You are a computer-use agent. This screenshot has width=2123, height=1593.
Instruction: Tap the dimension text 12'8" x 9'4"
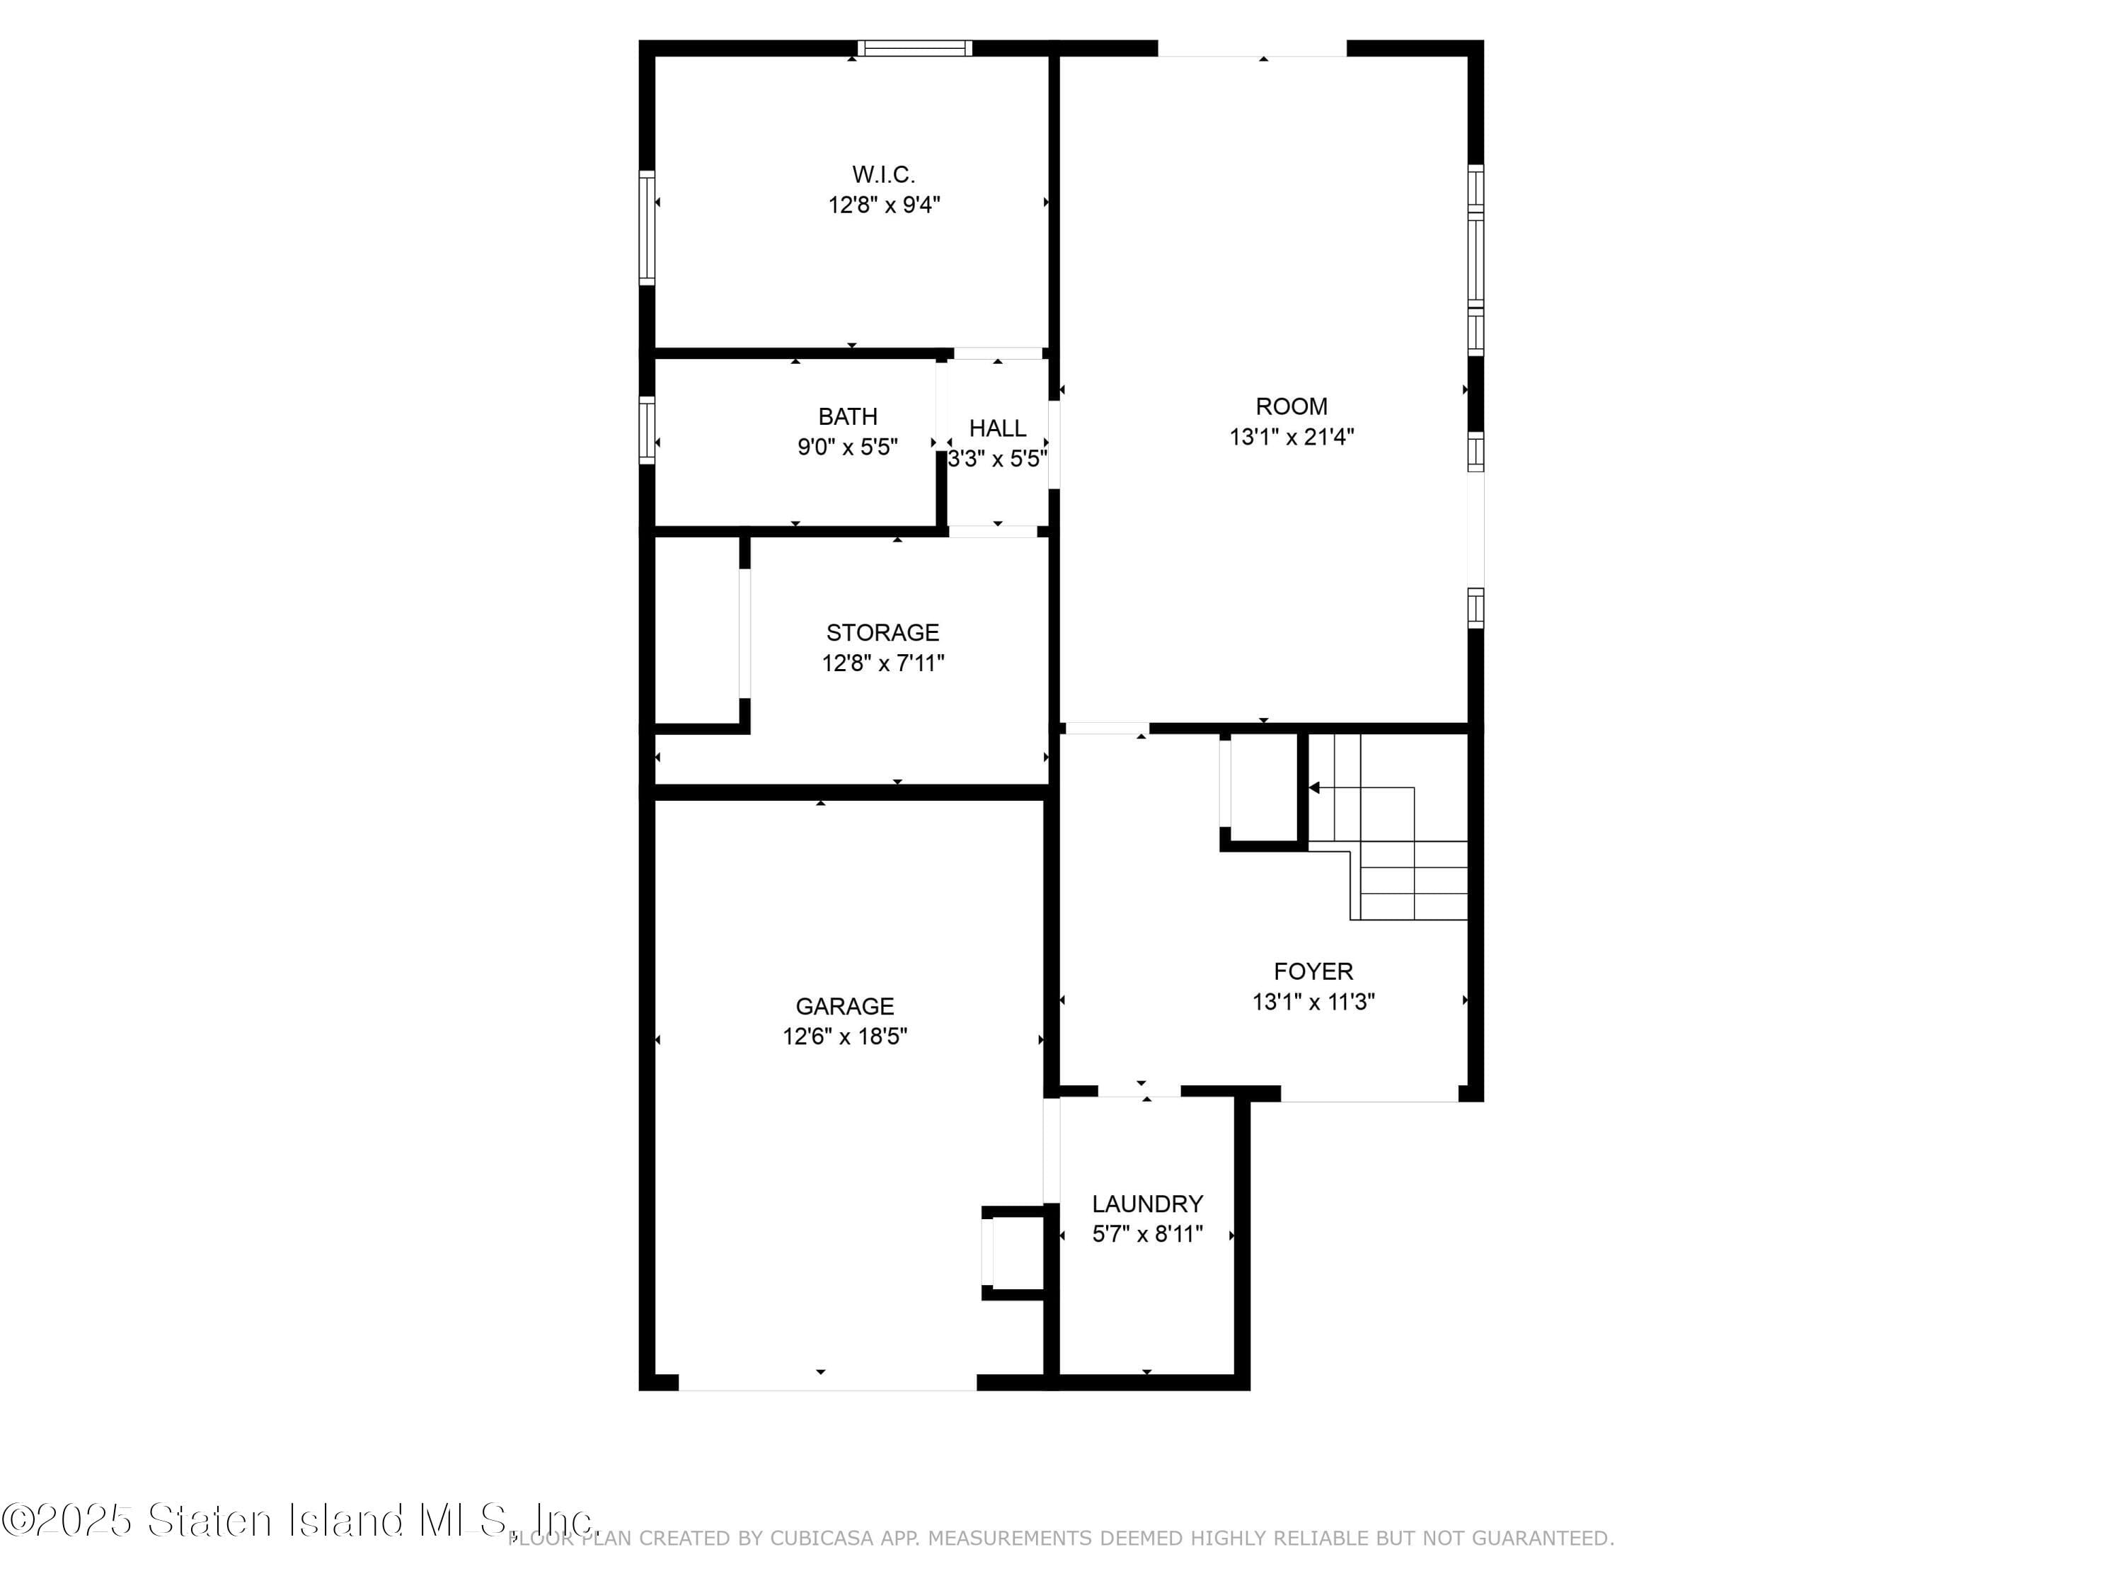(883, 205)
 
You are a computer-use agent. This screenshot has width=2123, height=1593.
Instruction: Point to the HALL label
(996, 428)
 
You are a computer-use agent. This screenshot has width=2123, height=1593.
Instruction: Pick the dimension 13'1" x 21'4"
(1291, 437)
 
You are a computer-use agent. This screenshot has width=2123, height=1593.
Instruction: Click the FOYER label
(1312, 971)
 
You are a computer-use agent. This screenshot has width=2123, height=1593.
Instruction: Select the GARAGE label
(844, 1006)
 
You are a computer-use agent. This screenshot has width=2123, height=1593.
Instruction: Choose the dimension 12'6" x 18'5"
(844, 1036)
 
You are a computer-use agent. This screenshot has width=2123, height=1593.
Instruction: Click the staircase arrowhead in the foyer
(1314, 787)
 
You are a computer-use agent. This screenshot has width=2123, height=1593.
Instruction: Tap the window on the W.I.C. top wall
(914, 48)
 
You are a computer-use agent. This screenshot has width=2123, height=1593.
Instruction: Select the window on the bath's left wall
(647, 430)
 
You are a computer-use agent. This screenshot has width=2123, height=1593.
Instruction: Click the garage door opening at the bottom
(827, 1383)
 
